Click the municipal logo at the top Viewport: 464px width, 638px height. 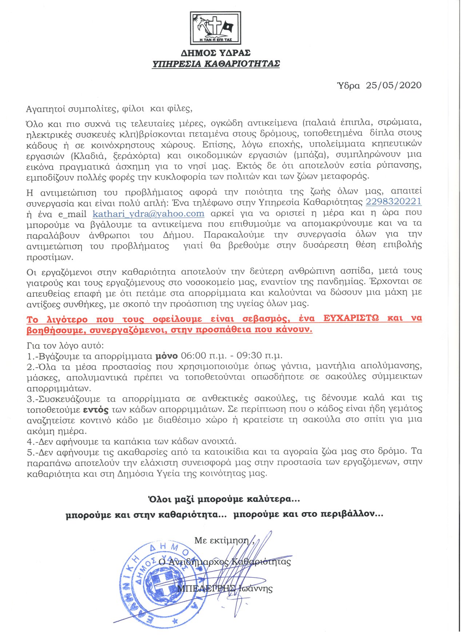215,28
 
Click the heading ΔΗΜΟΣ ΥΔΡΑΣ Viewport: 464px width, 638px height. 216,53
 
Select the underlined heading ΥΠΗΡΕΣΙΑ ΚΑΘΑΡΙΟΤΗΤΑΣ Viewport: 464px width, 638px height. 216,64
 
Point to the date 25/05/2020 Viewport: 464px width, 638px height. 394,85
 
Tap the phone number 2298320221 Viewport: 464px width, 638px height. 393,202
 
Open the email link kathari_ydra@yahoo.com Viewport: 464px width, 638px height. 148,214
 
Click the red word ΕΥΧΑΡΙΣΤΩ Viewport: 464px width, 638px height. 351,318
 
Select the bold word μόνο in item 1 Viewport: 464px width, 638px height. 167,355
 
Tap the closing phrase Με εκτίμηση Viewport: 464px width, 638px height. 222,540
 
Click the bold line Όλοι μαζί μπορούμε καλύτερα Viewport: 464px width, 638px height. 224,499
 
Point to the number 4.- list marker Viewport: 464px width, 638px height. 31,442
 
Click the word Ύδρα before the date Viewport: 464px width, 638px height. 349,86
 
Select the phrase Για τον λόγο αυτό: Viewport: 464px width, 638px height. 65,345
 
